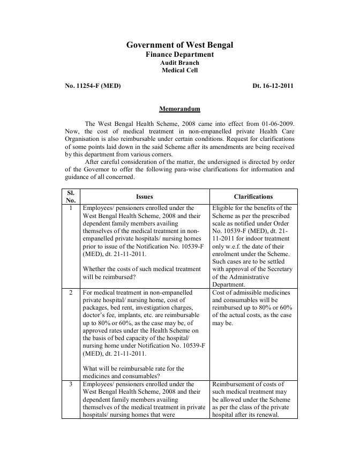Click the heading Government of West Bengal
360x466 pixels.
click(179, 45)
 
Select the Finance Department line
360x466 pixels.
click(179, 55)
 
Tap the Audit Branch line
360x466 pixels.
click(179, 63)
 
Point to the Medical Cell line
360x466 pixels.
click(179, 70)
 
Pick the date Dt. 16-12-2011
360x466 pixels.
click(273, 86)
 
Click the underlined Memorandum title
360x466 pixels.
click(179, 109)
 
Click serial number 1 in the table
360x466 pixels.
click(72, 208)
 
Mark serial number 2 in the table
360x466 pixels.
click(72, 293)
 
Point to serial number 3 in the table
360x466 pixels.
click(72, 384)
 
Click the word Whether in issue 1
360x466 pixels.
click(95, 269)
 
